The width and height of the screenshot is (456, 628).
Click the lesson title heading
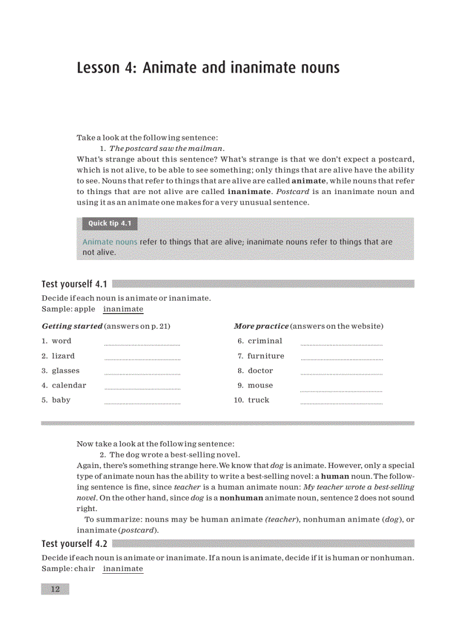click(208, 68)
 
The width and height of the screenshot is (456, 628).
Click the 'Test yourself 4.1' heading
click(74, 284)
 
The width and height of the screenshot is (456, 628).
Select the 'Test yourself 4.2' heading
click(74, 544)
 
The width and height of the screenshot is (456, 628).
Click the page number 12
click(55, 589)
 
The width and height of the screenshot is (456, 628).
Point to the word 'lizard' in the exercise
click(63, 356)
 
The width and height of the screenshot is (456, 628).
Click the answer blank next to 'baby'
click(142, 402)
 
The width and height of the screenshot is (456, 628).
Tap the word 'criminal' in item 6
click(265, 341)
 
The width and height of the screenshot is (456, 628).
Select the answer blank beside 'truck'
click(341, 402)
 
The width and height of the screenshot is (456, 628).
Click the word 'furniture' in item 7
click(266, 356)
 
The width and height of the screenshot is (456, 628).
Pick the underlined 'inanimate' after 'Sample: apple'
click(123, 309)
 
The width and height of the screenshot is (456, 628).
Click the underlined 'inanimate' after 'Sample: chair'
click(123, 569)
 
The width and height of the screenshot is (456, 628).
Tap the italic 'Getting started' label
click(72, 326)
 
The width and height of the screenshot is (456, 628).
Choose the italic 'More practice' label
click(261, 326)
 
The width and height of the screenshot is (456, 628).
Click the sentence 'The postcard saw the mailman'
click(167, 148)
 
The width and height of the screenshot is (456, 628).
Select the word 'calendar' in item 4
click(69, 385)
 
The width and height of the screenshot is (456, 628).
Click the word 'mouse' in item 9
click(260, 385)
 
